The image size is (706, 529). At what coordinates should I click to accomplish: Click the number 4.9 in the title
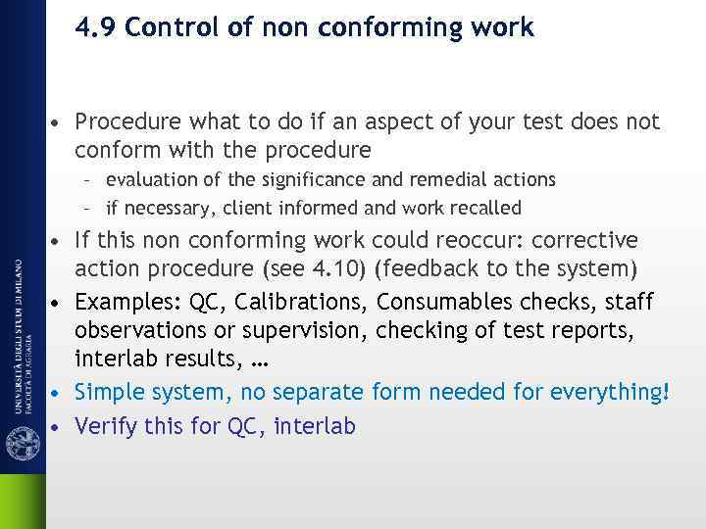coord(96,27)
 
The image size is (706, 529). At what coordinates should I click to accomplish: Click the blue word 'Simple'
coord(108,392)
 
